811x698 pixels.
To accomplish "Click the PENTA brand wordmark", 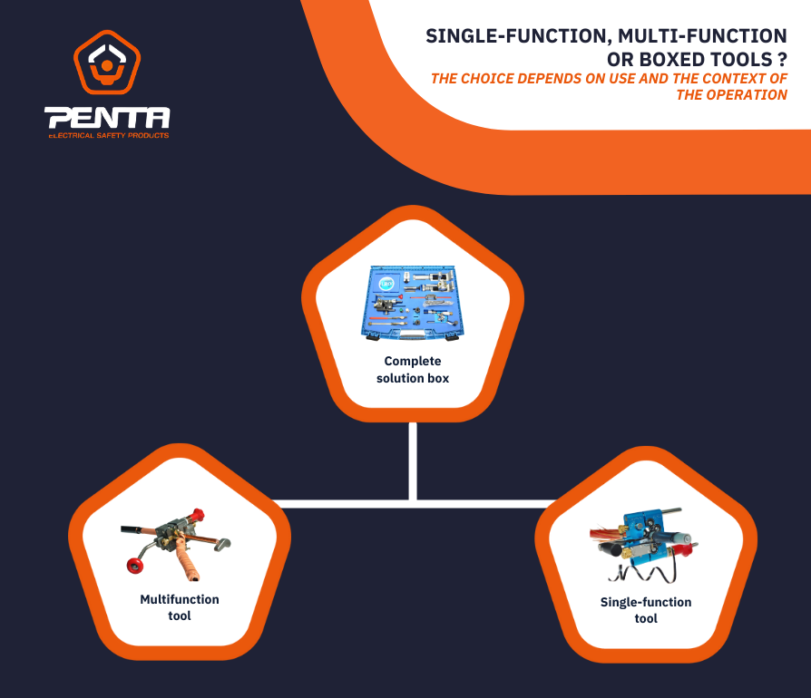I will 108,118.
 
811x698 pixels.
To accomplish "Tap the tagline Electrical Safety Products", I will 108,135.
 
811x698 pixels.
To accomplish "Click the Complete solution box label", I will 413,369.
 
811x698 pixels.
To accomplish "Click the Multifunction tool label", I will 179,607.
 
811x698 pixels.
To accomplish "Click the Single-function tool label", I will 645,610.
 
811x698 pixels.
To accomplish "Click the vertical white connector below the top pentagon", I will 413,458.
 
